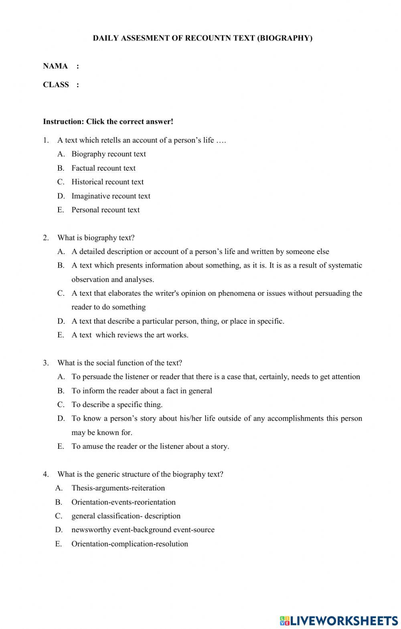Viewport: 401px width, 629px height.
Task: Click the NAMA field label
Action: (55, 66)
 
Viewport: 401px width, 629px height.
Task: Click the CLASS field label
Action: (56, 85)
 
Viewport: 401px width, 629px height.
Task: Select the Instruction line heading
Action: (108, 121)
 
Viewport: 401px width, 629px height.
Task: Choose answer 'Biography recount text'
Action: (108, 154)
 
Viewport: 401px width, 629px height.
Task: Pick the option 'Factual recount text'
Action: (103, 168)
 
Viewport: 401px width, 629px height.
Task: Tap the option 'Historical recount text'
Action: (107, 182)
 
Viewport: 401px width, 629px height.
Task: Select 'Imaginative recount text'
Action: (111, 196)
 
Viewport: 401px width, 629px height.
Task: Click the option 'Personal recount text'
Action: (105, 210)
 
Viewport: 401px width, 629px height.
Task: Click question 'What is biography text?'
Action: (96, 238)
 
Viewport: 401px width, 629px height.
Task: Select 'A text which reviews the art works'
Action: (130, 335)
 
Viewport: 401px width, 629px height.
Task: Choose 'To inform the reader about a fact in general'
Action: (142, 391)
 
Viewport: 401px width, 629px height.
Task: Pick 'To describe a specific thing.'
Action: (117, 405)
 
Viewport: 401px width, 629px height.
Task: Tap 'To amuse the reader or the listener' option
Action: (150, 446)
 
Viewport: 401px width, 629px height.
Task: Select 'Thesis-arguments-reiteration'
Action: (118, 488)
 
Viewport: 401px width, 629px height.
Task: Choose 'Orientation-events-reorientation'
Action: (123, 502)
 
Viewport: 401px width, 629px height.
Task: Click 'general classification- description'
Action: (126, 516)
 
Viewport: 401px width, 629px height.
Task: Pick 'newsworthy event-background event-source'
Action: (143, 530)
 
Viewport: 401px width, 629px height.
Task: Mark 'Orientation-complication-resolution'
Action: (130, 544)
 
